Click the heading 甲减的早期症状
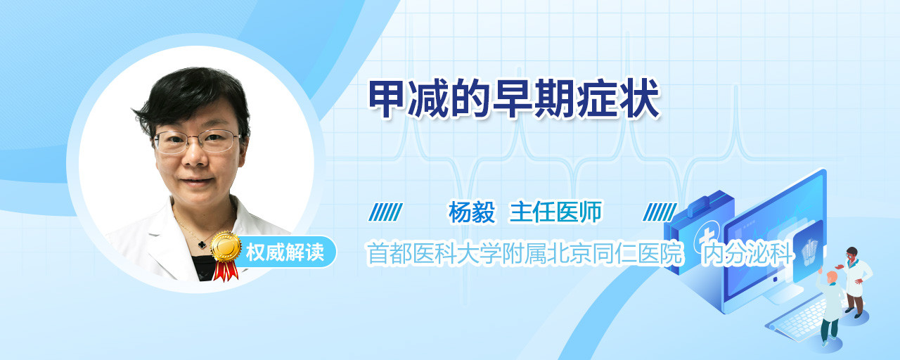pyautogui.click(x=514, y=99)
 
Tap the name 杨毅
pyautogui.click(x=472, y=212)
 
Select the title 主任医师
pyautogui.click(x=555, y=212)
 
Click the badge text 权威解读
pyautogui.click(x=285, y=252)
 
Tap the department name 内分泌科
pyautogui.click(x=747, y=254)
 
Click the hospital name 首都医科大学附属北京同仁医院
pyautogui.click(x=525, y=254)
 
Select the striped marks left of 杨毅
pyautogui.click(x=386, y=212)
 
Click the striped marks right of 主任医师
pyautogui.click(x=660, y=212)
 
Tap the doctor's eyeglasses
pyautogui.click(x=197, y=141)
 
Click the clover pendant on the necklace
pyautogui.click(x=202, y=244)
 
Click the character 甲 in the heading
pyautogui.click(x=386, y=99)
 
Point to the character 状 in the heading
pyautogui.click(x=641, y=99)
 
